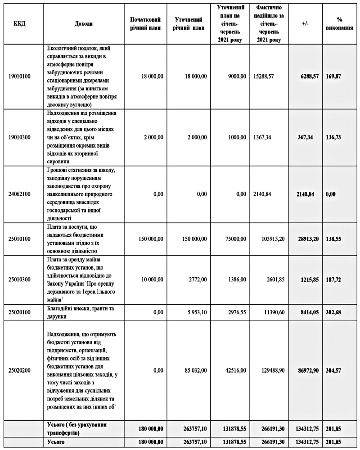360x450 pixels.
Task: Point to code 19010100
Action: [x=20, y=76]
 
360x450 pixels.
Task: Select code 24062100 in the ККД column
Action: [x=20, y=194]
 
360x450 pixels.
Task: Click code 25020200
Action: [x=20, y=370]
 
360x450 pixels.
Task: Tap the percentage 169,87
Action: [x=333, y=76]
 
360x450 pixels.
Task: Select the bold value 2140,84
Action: [x=308, y=194]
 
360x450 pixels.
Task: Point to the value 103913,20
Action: [x=272, y=238]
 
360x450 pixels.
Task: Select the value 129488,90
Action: [x=272, y=370]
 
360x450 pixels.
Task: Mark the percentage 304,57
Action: [x=333, y=370]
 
